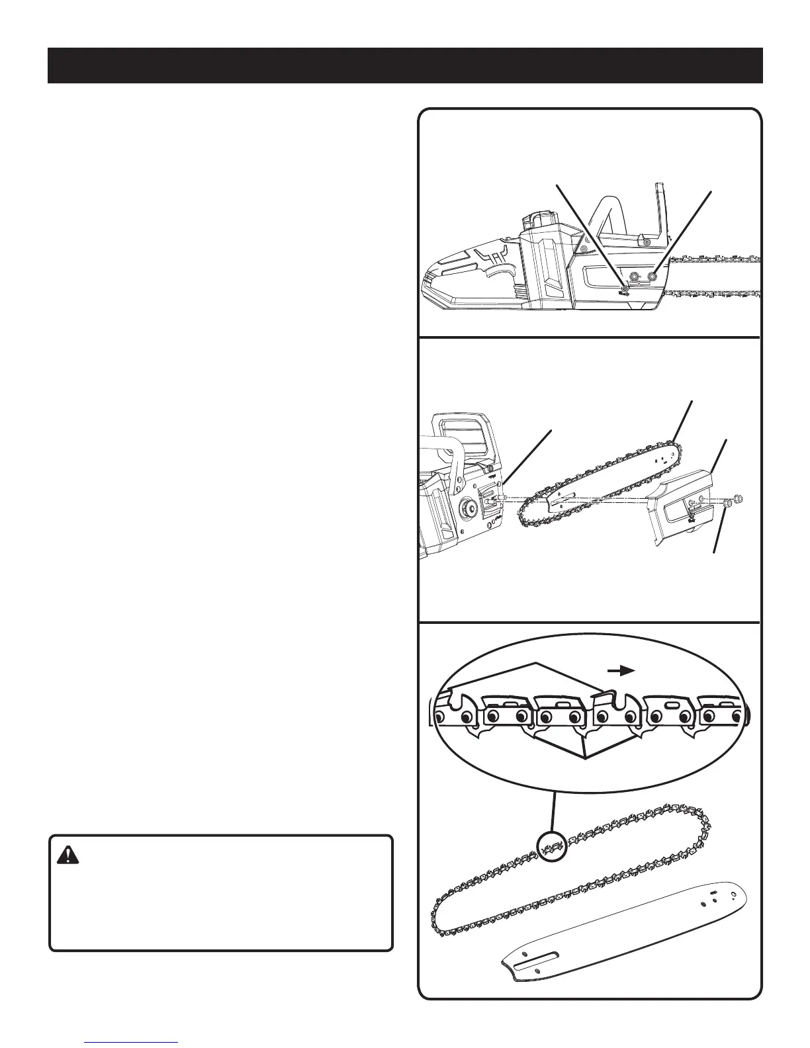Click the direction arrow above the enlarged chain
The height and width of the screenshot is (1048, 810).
click(x=621, y=671)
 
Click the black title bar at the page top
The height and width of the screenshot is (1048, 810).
click(x=405, y=65)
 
